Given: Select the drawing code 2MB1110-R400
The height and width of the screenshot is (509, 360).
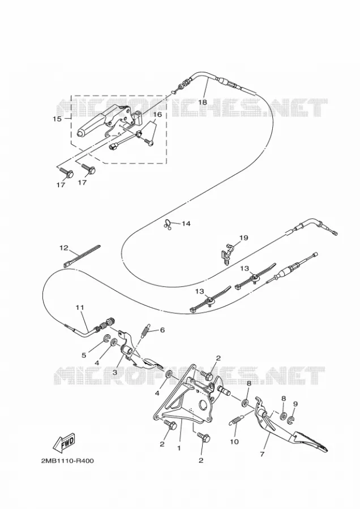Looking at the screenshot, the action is [x=67, y=461].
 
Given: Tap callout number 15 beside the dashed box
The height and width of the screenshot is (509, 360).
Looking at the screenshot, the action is [x=57, y=119].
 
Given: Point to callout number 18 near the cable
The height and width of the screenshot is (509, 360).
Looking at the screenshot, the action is [x=203, y=102].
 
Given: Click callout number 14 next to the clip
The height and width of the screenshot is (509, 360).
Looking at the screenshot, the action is [x=186, y=223].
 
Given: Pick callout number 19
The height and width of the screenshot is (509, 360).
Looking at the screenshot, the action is [x=244, y=238].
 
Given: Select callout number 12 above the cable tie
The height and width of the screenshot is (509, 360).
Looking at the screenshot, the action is [x=64, y=248].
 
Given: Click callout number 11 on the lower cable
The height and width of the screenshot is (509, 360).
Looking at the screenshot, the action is [x=80, y=307].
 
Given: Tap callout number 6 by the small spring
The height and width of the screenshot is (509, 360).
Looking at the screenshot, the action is [x=162, y=330].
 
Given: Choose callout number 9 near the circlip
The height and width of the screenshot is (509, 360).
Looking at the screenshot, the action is [x=295, y=404].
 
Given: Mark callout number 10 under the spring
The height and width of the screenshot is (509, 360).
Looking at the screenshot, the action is [x=234, y=442].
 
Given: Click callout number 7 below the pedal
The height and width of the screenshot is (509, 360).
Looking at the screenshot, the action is [x=262, y=454].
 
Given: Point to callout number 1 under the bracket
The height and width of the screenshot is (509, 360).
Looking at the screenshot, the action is [x=179, y=448].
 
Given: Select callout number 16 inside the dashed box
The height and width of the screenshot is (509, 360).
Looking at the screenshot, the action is [x=157, y=115].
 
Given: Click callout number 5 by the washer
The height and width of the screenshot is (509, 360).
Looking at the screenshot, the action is [x=84, y=355].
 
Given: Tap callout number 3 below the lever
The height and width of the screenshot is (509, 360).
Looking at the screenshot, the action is [x=115, y=373].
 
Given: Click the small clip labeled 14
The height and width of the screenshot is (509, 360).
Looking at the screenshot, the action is [x=168, y=224].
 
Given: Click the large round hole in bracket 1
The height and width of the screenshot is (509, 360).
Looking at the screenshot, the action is [x=204, y=406].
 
